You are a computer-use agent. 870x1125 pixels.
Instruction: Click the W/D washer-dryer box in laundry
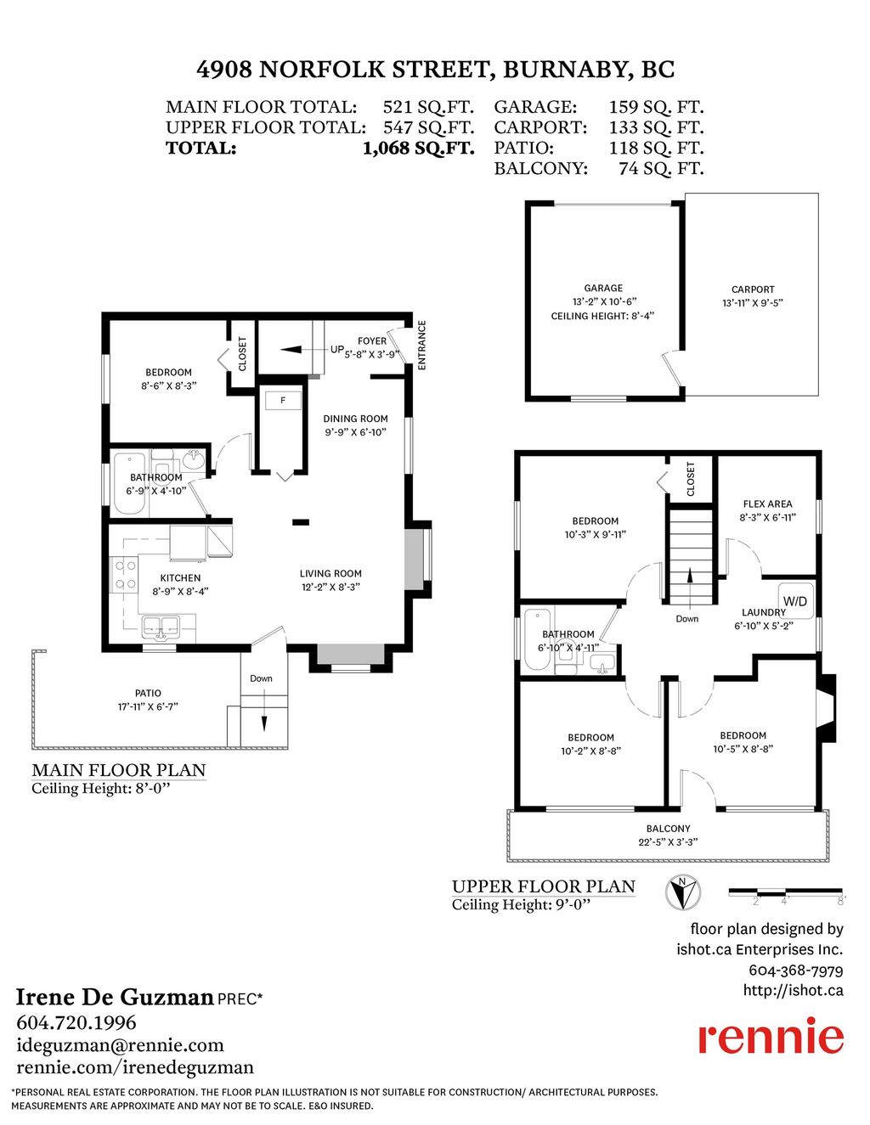(795, 600)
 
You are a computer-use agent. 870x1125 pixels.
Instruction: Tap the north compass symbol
(683, 892)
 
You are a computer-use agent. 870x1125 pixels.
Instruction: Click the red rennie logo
(771, 1037)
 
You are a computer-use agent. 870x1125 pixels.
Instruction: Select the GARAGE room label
(603, 288)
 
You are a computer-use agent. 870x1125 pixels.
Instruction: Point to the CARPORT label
(753, 289)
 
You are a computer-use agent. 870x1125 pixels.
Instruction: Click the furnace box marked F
(283, 400)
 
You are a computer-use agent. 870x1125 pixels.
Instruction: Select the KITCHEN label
(180, 577)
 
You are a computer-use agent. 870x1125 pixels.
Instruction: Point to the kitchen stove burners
(126, 575)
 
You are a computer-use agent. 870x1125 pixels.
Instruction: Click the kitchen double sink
(160, 627)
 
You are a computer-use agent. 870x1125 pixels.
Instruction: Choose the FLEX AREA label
(767, 503)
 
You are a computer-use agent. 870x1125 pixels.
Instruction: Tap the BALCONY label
(668, 829)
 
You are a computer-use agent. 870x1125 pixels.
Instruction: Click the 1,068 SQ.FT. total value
(418, 148)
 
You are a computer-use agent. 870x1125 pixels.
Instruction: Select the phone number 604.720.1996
(76, 1022)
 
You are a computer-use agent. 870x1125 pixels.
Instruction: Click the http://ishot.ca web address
(793, 990)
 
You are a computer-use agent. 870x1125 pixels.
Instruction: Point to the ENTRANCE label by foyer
(421, 345)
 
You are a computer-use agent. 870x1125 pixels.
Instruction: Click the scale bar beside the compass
(785, 892)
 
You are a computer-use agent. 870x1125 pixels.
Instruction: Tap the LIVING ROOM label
(330, 573)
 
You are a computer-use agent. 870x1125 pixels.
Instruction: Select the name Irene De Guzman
(115, 997)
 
